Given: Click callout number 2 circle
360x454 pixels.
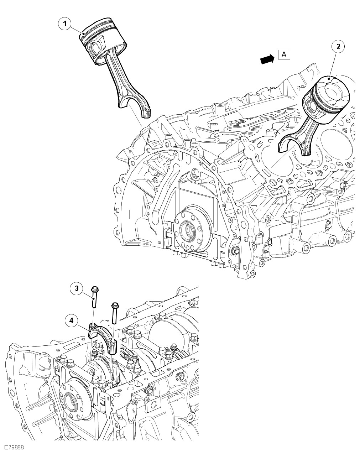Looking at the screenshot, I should click(x=338, y=46).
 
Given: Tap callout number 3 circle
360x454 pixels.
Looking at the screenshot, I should click(x=76, y=288).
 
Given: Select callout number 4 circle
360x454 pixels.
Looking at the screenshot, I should click(x=72, y=320).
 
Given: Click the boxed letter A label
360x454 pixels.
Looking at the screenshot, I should click(x=284, y=54).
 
